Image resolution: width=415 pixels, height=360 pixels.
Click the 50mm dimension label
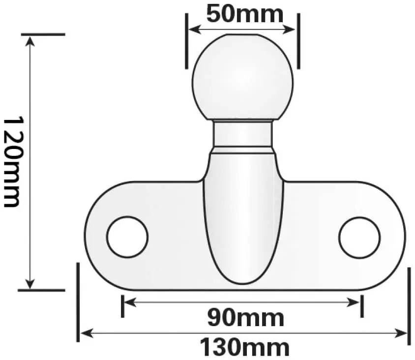click(244, 13)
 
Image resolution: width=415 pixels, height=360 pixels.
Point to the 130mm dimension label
click(244, 348)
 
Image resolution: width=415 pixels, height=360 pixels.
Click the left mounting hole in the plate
click(127, 237)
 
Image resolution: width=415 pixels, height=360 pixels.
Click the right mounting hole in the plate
click(359, 237)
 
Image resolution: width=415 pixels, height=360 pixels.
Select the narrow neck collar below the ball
click(242, 135)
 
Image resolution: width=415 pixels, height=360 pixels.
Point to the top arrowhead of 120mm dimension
click(30, 39)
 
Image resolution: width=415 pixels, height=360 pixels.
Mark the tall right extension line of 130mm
click(409, 305)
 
